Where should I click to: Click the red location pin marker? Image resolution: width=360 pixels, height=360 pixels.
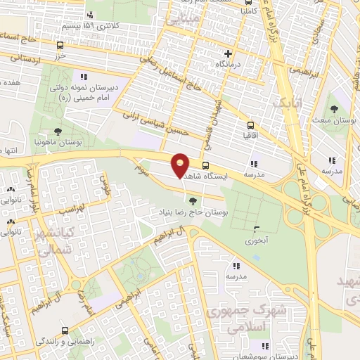tap(181, 165)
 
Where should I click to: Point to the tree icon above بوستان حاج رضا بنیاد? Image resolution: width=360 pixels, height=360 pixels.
tap(193, 202)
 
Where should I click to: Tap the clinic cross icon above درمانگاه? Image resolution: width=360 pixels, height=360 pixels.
tap(228, 53)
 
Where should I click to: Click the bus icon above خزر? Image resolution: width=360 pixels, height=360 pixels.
tap(60, 45)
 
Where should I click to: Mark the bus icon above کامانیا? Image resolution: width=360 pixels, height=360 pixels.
tap(246, 2)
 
